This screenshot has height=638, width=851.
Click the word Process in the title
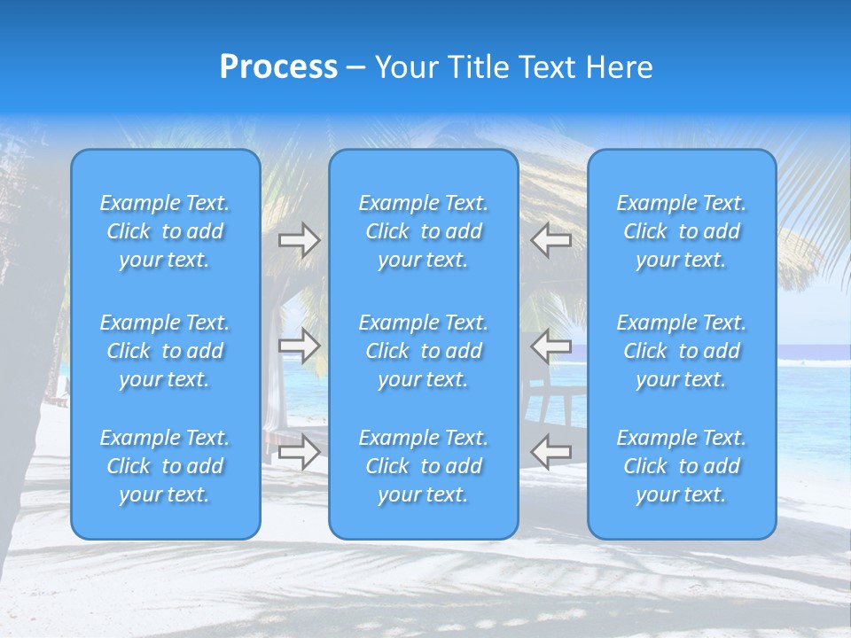pos(278,67)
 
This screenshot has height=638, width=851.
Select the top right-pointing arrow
pos(299,239)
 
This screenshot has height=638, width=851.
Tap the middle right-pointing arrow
pos(299,346)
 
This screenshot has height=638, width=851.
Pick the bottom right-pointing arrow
pos(299,452)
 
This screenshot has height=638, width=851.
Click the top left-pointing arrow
pos(550,239)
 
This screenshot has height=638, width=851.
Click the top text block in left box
pos(165,231)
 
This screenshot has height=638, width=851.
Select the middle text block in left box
pos(165,351)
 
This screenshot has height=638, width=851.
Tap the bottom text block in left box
pos(165,466)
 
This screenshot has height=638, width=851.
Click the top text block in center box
pos(424,231)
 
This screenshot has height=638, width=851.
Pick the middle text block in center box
pos(424,351)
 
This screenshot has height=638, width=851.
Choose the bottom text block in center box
pos(424,466)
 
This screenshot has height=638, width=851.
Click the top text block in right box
pos(682,231)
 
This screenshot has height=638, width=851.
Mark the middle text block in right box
pos(682,351)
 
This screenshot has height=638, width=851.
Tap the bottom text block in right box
pos(682,466)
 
